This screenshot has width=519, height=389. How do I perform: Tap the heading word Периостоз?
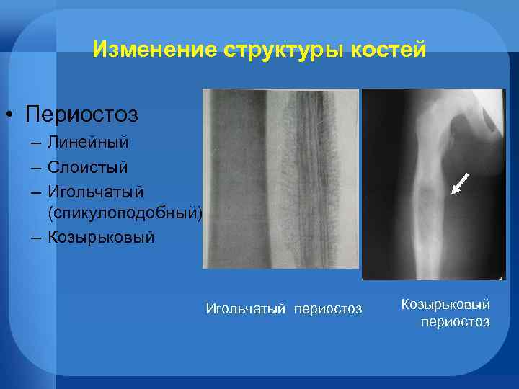click(81, 114)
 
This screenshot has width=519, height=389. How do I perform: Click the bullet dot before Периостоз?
click(12, 115)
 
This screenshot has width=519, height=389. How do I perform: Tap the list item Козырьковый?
click(101, 237)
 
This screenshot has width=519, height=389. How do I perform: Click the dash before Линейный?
click(35, 144)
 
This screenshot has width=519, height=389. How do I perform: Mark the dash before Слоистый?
click(35, 168)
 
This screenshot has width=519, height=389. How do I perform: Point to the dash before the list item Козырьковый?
click(35, 238)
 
